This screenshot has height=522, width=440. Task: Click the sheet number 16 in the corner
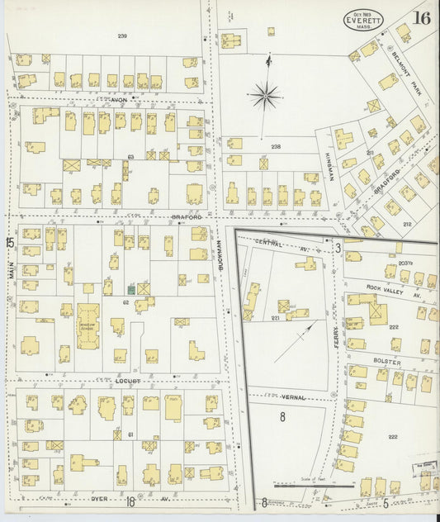[x=422, y=16]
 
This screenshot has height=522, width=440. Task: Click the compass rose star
[x=265, y=97]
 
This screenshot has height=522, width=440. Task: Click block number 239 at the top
[x=122, y=36]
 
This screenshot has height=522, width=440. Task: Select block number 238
[x=276, y=147]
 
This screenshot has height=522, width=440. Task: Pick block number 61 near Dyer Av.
[x=130, y=434]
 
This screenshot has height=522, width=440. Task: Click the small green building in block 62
[x=131, y=289]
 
